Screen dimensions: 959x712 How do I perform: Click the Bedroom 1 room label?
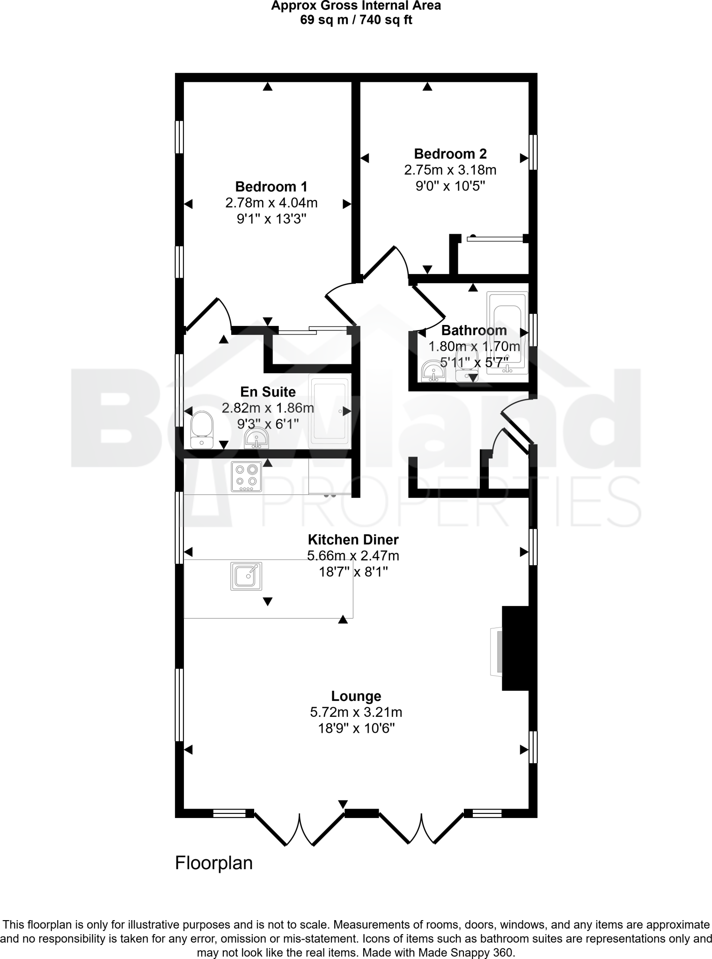tap(271, 187)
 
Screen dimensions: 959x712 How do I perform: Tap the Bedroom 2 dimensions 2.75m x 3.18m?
tap(450, 170)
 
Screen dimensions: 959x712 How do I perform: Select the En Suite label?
tap(268, 391)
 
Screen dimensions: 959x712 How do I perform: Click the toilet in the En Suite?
tap(202, 430)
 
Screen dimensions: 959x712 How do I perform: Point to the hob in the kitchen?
tap(246, 477)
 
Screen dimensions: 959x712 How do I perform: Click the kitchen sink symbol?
tap(246, 576)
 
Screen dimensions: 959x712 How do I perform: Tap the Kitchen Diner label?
tap(353, 539)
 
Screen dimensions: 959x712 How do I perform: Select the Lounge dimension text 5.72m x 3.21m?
tap(356, 712)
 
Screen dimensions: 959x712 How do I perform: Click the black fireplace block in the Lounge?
tap(515, 648)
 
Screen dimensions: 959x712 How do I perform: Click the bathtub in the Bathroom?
tap(507, 333)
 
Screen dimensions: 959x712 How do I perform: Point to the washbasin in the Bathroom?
tap(433, 372)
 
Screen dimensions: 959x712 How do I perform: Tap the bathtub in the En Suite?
tap(330, 411)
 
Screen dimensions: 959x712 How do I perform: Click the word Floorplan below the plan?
tap(213, 863)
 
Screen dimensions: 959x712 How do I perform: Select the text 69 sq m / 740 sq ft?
tap(356, 20)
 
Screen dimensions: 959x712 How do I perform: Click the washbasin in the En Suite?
tap(256, 439)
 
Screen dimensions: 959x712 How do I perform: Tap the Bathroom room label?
tap(474, 331)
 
